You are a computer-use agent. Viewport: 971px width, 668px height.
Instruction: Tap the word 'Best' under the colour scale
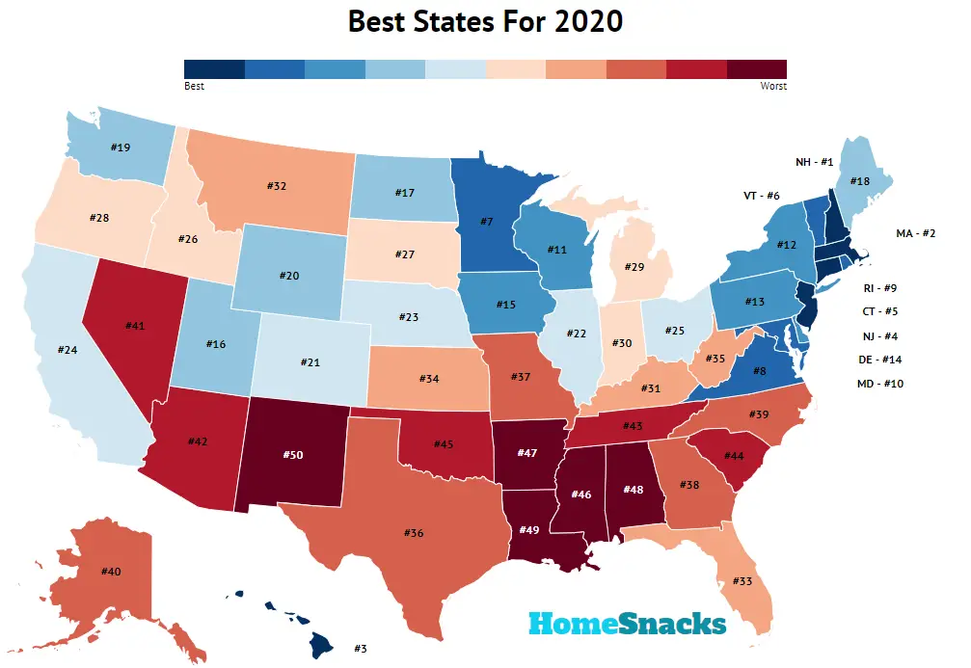point(194,86)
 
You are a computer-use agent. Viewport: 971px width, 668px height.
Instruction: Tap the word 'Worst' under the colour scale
point(773,86)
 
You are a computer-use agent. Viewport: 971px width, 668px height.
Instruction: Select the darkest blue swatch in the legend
point(214,68)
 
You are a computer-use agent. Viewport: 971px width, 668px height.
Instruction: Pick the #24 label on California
point(67,350)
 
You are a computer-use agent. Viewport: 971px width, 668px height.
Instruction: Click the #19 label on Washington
point(120,147)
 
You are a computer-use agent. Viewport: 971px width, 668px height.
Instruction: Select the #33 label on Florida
point(742,581)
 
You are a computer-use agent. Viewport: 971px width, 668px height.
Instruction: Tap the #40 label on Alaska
point(111,572)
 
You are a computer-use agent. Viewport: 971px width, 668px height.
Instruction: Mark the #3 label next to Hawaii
point(361,649)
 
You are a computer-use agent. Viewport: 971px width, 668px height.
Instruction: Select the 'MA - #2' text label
point(917,233)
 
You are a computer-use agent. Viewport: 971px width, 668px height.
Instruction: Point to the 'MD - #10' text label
point(880,384)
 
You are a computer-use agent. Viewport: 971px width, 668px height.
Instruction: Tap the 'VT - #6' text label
point(760,195)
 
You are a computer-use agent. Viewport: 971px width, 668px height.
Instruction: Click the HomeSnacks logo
point(627,624)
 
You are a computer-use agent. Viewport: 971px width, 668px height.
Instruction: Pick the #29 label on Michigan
point(634,265)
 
